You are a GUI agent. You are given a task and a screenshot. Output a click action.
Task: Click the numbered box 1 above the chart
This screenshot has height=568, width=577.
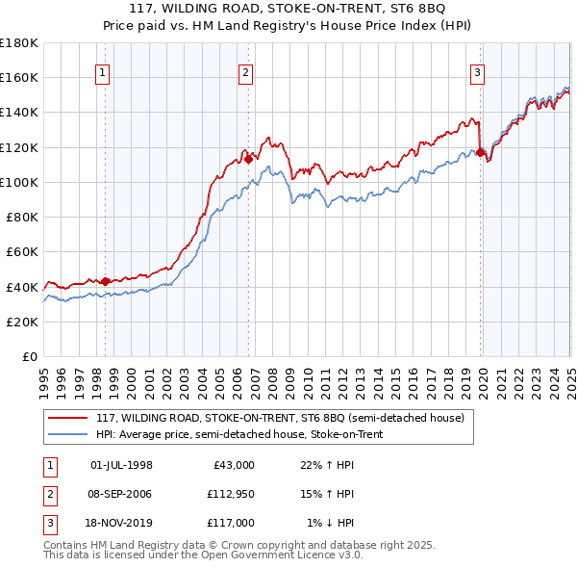[x=102, y=71]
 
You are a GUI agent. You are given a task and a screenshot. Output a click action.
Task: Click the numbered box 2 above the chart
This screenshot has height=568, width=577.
[x=246, y=71]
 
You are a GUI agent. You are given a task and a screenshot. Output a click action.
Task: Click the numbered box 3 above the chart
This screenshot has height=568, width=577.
[x=477, y=71]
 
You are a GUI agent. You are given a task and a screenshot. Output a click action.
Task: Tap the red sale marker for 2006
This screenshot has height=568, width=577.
[x=248, y=159]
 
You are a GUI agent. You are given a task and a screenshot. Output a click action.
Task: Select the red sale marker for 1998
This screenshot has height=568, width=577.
[x=105, y=281]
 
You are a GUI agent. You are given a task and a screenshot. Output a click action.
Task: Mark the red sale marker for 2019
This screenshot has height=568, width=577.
[x=480, y=152]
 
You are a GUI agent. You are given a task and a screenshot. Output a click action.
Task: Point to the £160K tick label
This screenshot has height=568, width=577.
[x=19, y=77]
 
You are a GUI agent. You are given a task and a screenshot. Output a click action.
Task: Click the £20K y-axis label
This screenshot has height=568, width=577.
[x=23, y=322]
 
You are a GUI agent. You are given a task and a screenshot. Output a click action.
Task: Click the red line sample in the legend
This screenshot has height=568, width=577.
[x=67, y=418]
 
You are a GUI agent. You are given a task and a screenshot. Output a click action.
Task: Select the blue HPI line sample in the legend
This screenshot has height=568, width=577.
[x=67, y=434]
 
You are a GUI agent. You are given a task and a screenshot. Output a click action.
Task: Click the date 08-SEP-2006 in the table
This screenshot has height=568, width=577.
[x=121, y=494]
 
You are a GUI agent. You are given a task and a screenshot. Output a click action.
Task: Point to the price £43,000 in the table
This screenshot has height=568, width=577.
[x=233, y=465]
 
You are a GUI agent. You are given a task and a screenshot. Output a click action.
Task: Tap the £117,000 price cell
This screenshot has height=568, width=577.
[x=233, y=523]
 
